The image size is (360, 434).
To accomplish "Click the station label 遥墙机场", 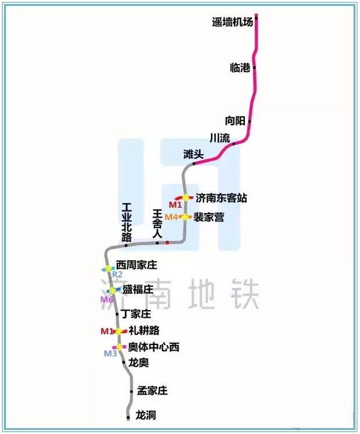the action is [233, 22].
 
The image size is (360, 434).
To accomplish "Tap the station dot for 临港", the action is [254, 68].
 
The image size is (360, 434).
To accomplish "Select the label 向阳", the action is [235, 121].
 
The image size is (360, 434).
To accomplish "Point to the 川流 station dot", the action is [234, 144].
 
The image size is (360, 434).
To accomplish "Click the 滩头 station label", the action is [194, 154].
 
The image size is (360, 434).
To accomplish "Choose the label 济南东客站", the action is [221, 198].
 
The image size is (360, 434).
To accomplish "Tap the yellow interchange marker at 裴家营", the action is [184, 217].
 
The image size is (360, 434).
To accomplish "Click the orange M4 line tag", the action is [172, 217].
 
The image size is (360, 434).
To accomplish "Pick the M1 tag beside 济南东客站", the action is [175, 205].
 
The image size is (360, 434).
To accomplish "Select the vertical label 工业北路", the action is [127, 222].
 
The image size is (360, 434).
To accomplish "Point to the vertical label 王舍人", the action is [158, 223].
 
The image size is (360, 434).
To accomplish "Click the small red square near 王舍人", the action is [167, 243].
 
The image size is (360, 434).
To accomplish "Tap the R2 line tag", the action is [117, 274].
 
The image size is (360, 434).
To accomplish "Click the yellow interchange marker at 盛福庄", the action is [113, 290].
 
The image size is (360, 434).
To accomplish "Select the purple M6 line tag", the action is [106, 300].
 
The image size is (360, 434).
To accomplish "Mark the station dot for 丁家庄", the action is [117, 314].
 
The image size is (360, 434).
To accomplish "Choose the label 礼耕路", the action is [144, 330].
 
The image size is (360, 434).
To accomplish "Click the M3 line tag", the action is [110, 354].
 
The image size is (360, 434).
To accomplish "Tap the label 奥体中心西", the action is [154, 347].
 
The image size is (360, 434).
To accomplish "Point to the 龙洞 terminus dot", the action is [128, 417].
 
